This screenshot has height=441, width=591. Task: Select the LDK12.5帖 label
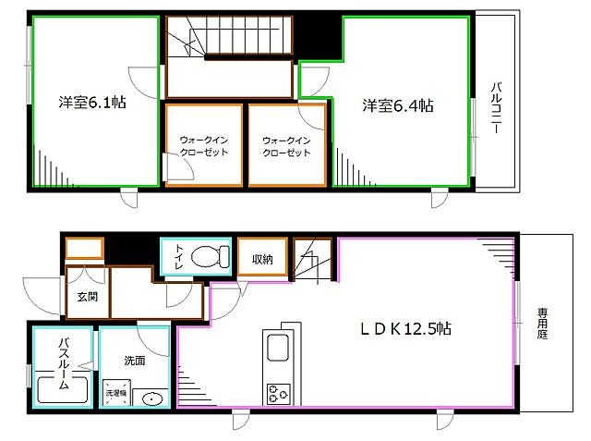pyautogui.click(x=405, y=328)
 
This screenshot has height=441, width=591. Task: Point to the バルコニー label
pyautogui.click(x=496, y=110)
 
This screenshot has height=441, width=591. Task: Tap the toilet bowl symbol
pyautogui.click(x=211, y=256)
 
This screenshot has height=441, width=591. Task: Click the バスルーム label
pyautogui.click(x=65, y=363)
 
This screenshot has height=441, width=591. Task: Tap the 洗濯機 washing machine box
pyautogui.click(x=115, y=393)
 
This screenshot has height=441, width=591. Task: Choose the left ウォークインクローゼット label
pyautogui.click(x=203, y=146)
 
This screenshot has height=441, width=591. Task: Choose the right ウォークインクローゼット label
pyautogui.click(x=286, y=146)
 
